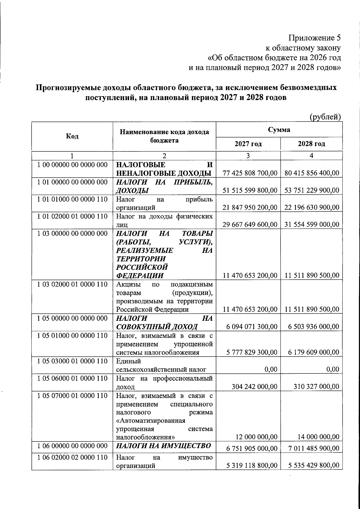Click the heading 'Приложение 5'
pos(315,38)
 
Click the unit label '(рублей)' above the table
pos(325,117)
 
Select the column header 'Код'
pos(72,136)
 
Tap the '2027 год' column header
pos(248,144)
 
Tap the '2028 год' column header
pos(311,144)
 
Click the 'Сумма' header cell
pos(279,130)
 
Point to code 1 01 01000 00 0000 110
pos(72,199)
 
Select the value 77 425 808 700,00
pos(250,173)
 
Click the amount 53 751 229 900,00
pos(312,190)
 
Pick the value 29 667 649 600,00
pos(250,224)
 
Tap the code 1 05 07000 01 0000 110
pos(72,396)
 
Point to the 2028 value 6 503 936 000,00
pos(314,327)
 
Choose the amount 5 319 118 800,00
pos(252,466)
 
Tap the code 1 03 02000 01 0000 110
pos(72,284)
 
